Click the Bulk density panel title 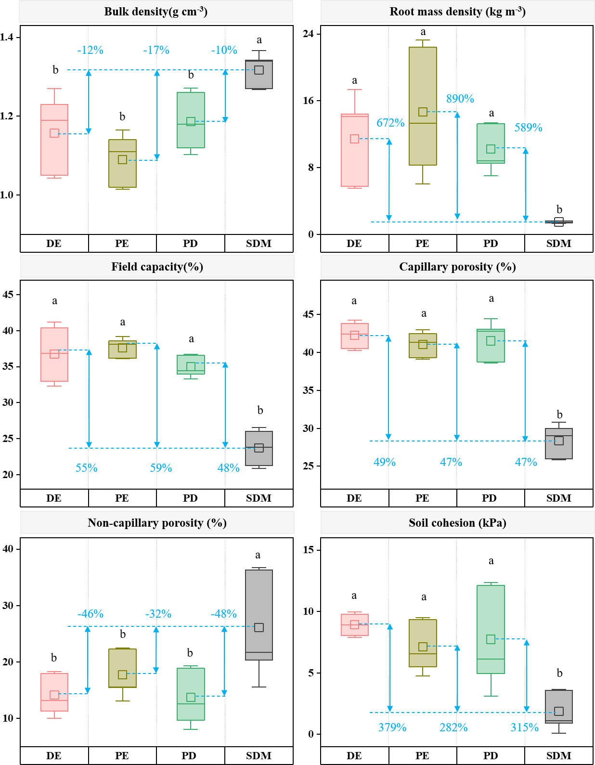[x=156, y=12]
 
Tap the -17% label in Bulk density [x=156, y=50]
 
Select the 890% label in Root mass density [x=460, y=99]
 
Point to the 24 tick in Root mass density [x=308, y=34]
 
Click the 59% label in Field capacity [x=161, y=468]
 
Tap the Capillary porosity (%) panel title [x=457, y=267]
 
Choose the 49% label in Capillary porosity [x=385, y=462]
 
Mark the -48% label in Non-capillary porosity [x=224, y=614]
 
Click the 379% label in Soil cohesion [x=392, y=727]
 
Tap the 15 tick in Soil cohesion [x=308, y=550]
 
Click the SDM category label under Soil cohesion [x=558, y=756]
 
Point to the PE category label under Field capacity [x=122, y=498]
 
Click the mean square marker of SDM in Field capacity [x=259, y=448]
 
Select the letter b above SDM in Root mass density [x=559, y=209]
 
